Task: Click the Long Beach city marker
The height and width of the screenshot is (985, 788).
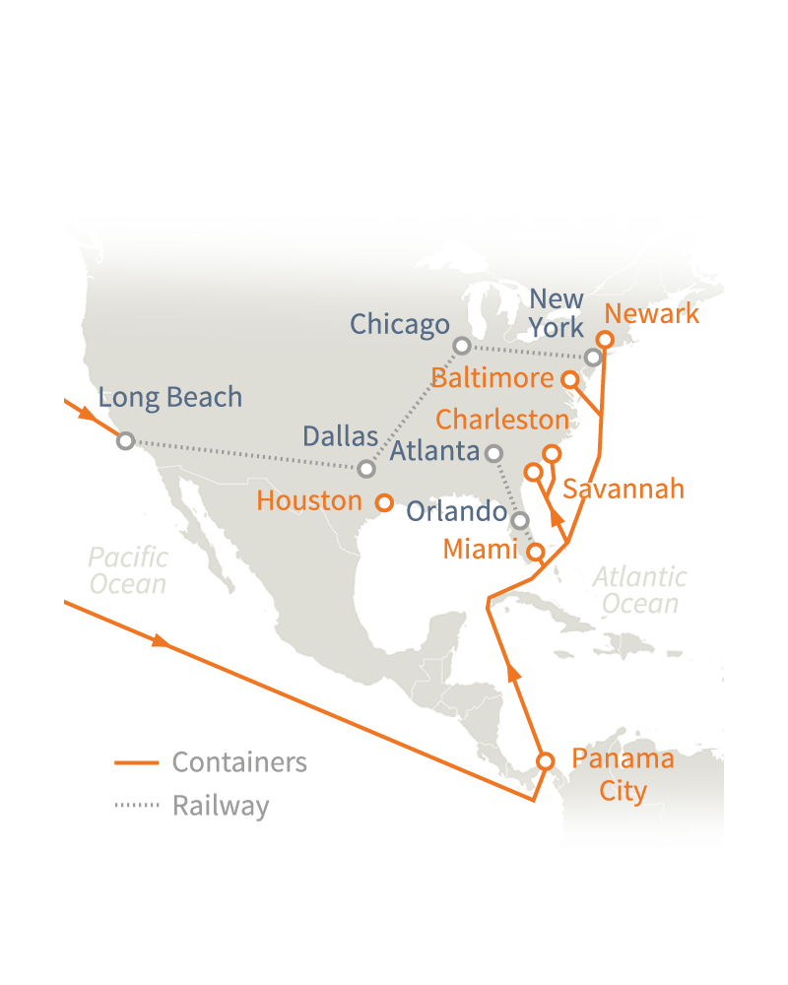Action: [125, 440]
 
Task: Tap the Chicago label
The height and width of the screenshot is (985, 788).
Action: [399, 324]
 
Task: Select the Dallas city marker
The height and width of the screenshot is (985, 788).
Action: [366, 469]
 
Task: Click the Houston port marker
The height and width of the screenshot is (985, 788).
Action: [384, 502]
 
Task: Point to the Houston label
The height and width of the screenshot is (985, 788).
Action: [309, 500]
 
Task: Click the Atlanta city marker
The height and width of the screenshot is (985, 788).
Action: [494, 453]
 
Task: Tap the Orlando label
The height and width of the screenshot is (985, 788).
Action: [456, 511]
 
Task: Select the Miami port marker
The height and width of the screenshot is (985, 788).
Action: [535, 552]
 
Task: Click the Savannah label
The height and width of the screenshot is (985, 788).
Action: [623, 490]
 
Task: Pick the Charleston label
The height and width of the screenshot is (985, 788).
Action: [502, 420]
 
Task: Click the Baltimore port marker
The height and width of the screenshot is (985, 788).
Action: [569, 378]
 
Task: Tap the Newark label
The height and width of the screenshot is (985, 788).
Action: [652, 314]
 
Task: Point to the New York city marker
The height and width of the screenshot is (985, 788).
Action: [592, 357]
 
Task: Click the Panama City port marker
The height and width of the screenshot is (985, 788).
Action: [545, 760]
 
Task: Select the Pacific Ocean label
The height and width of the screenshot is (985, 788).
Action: [128, 570]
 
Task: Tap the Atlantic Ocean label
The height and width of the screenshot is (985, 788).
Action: [639, 589]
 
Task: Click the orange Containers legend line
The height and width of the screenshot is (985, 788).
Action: [137, 762]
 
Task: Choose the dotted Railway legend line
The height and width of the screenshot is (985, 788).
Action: [137, 806]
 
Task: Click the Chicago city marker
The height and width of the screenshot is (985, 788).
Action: [462, 346]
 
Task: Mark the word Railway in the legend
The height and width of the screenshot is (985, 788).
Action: [221, 806]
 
